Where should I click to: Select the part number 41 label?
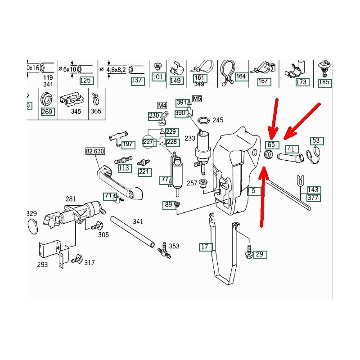tap(291, 149)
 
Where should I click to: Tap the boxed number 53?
tap(316, 140)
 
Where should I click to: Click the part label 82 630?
tap(96, 152)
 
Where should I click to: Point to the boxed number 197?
tap(128, 144)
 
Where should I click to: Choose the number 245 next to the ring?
tap(218, 120)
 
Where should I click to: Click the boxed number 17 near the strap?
tap(205, 247)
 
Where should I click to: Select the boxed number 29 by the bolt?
tap(260, 255)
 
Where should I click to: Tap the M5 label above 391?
tap(197, 99)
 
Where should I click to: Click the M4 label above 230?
tap(162, 105)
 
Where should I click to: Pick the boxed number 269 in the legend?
tap(47, 111)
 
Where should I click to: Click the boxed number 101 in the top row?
tap(158, 77)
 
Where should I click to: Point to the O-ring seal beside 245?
tap(204, 120)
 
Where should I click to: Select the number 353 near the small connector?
tap(174, 246)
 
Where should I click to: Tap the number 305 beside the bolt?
tap(103, 234)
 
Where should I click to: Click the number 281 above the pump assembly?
tap(71, 199)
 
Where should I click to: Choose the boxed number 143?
tap(314, 189)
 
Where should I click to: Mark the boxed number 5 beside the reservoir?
tap(254, 191)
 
